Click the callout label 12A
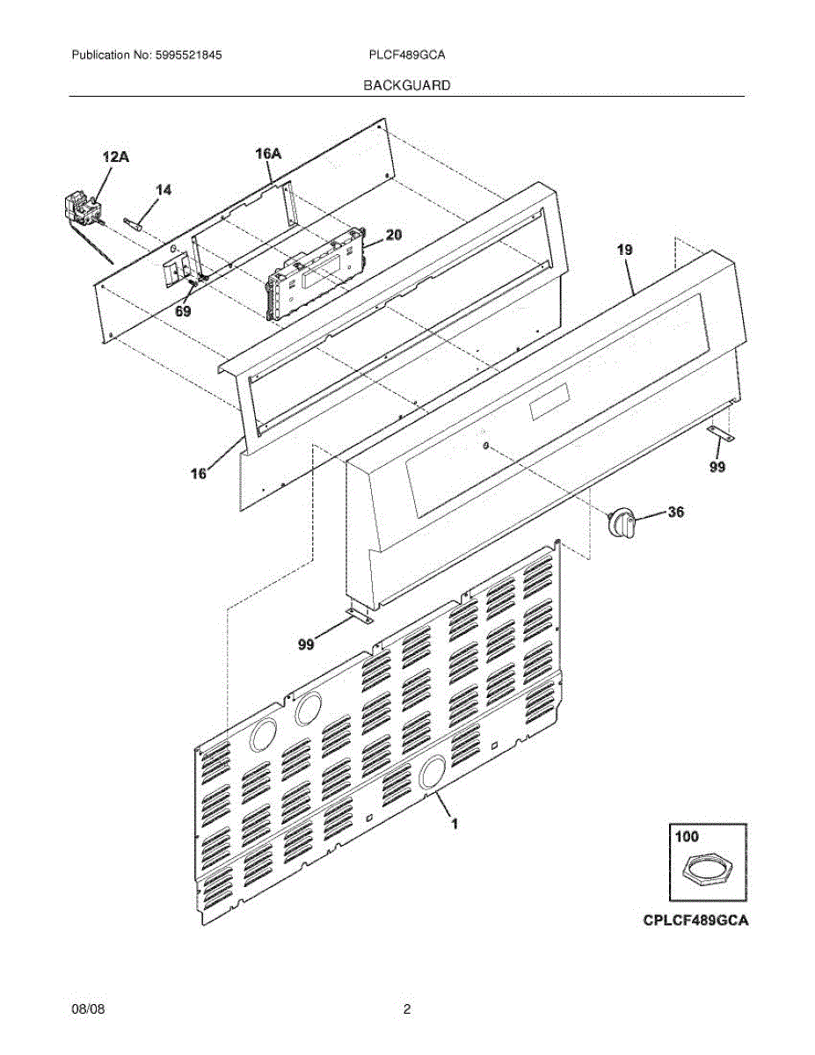tap(115, 157)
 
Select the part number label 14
tap(164, 189)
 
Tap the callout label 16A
tap(268, 154)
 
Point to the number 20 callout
tap(394, 235)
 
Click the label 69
tap(183, 310)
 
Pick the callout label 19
tap(623, 251)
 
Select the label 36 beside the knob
tap(675, 513)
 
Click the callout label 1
tap(455, 824)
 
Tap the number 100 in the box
tap(687, 838)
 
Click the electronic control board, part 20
tap(317, 273)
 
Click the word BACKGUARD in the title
tap(407, 85)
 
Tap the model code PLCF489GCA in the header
tap(407, 55)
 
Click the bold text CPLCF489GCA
tap(695, 921)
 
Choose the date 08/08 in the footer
tap(84, 1010)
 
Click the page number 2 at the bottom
tap(407, 1010)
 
